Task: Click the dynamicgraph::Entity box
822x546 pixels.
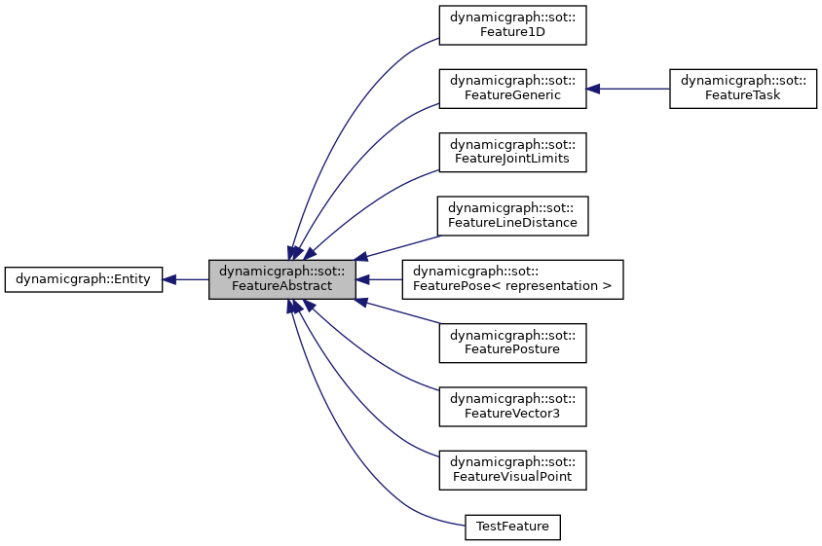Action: click(84, 279)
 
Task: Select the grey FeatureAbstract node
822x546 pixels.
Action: click(281, 279)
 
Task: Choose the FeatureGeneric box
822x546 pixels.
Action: click(511, 89)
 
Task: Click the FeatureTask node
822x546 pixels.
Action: click(742, 89)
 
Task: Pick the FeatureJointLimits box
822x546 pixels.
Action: click(511, 152)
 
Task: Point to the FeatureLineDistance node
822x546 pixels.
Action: click(511, 215)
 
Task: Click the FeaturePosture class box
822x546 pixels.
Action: click(511, 342)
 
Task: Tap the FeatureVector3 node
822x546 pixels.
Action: click(511, 405)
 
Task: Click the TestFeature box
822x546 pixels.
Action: click(512, 527)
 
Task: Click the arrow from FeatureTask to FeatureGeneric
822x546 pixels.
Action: click(633, 89)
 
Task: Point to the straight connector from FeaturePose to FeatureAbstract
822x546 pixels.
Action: click(385, 279)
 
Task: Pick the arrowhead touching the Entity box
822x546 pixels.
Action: click(169, 279)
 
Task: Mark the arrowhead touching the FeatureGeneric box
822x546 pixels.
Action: click(593, 89)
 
